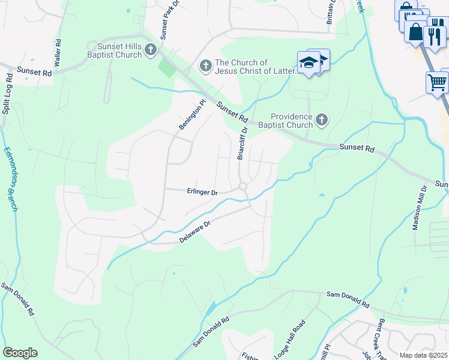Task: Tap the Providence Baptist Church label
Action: pos(292,121)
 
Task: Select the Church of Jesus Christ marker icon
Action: pos(206,65)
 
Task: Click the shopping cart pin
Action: pos(438,82)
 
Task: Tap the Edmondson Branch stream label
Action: pos(11,179)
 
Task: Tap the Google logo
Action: pos(20,353)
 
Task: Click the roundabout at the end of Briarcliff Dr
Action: pos(243,187)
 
